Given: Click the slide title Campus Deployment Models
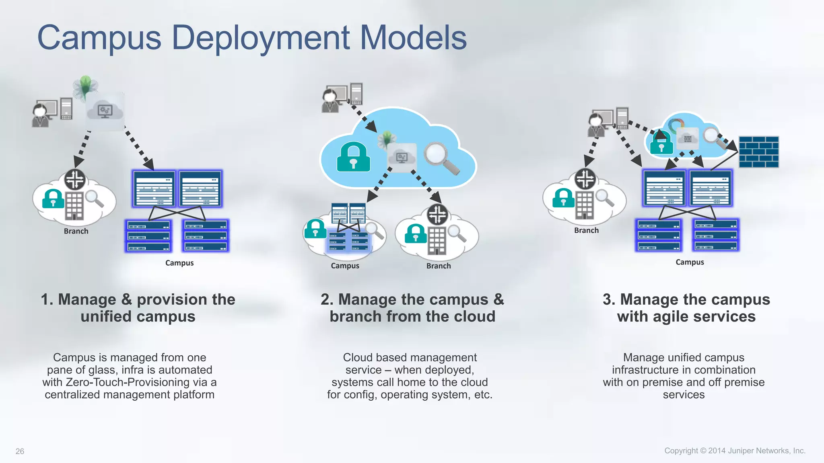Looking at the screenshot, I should pyautogui.click(x=252, y=37).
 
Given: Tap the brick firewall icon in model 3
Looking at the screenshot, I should pyautogui.click(x=759, y=152).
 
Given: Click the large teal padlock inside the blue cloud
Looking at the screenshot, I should pyautogui.click(x=353, y=158).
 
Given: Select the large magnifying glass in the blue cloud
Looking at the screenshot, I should pyautogui.click(x=440, y=158).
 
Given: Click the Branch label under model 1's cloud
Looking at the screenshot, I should pyautogui.click(x=76, y=231).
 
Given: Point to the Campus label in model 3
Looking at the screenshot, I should pyautogui.click(x=690, y=262).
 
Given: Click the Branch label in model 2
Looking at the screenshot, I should pyautogui.click(x=439, y=266).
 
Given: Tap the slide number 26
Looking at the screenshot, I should pyautogui.click(x=20, y=451).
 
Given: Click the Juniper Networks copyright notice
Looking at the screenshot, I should pyautogui.click(x=735, y=451).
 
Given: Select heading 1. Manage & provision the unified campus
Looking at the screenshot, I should pyautogui.click(x=138, y=308).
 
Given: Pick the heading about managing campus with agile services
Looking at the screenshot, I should pyautogui.click(x=686, y=308).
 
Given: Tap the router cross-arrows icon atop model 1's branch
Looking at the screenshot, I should pyautogui.click(x=75, y=179).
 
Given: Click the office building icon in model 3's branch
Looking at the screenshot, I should pyautogui.click(x=585, y=205).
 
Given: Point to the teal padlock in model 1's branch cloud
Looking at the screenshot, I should pyautogui.click(x=53, y=199).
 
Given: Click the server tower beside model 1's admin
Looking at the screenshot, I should pyautogui.click(x=66, y=109).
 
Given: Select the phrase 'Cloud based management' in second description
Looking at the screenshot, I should pyautogui.click(x=410, y=357).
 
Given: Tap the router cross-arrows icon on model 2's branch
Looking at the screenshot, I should pyautogui.click(x=438, y=214).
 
